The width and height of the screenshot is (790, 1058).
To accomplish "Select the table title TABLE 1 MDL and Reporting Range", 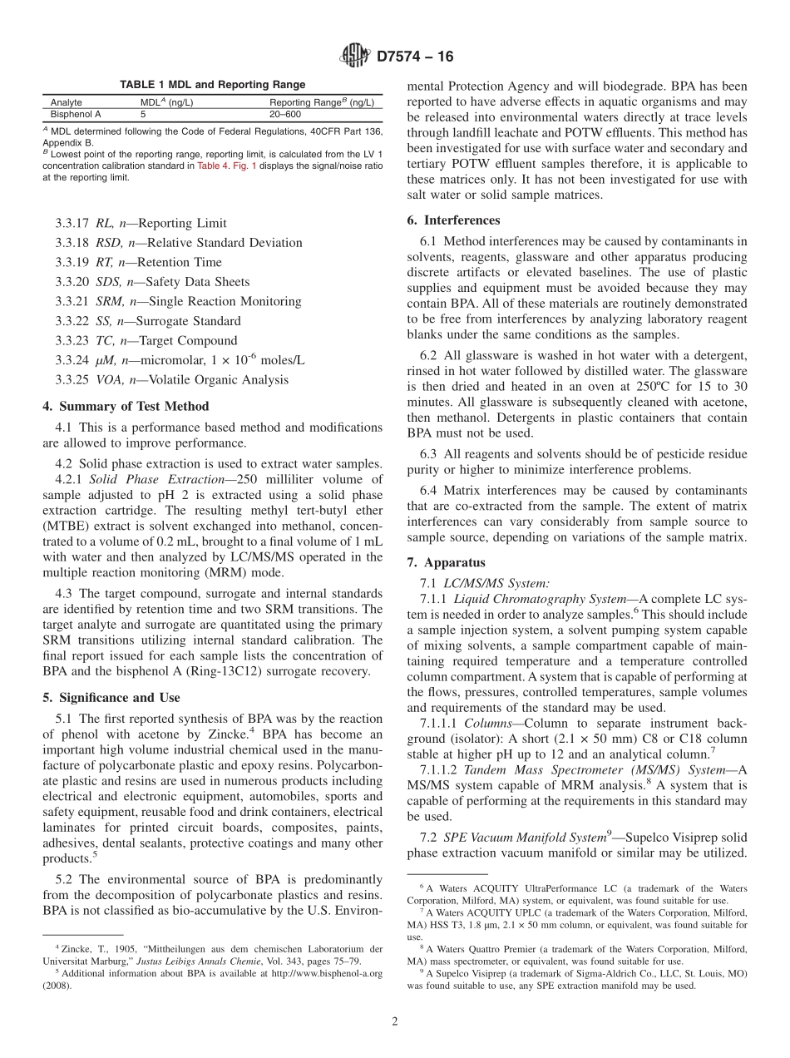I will click(x=212, y=85).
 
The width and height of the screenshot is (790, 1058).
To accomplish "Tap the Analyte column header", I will click(x=67, y=103).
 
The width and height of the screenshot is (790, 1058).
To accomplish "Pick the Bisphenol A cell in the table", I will click(x=76, y=114).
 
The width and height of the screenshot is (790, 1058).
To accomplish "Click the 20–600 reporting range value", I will click(x=285, y=114).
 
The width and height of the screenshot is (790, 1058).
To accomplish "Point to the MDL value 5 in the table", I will click(x=143, y=114).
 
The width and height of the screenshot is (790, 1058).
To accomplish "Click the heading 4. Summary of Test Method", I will click(x=126, y=406).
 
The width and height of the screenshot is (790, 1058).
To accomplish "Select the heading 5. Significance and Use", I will click(x=111, y=697).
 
